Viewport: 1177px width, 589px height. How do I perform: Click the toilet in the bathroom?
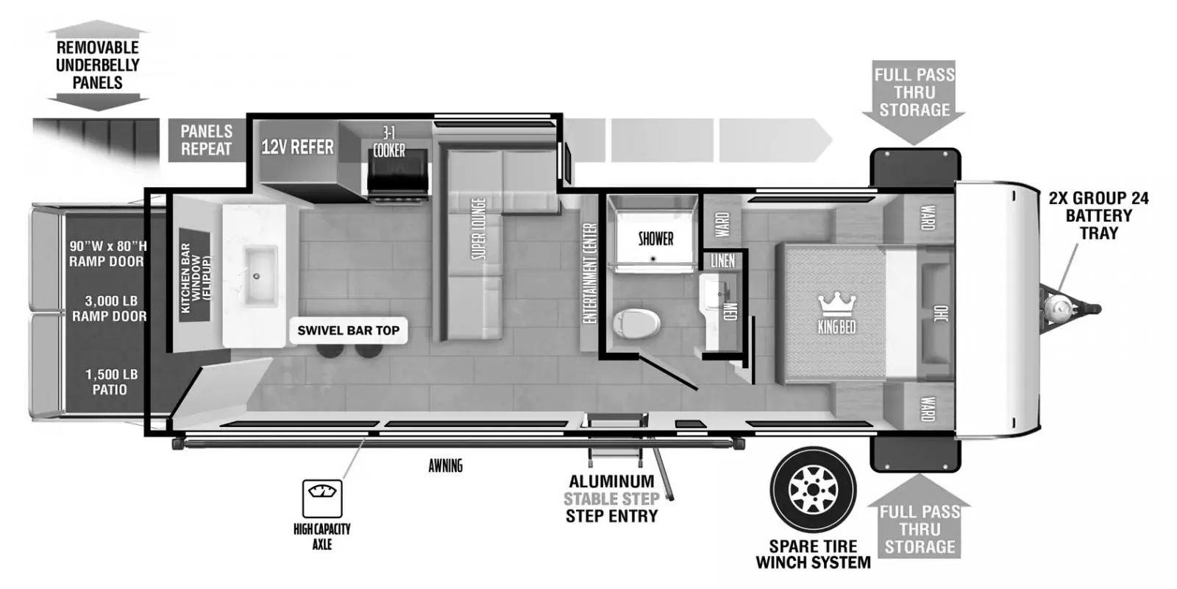click(x=636, y=323)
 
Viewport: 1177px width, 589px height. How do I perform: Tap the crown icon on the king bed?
click(x=836, y=305)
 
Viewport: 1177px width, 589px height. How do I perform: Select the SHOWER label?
click(x=655, y=239)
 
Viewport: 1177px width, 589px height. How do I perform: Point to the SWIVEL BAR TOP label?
click(x=349, y=331)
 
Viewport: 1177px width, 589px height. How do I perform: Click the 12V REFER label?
click(x=297, y=147)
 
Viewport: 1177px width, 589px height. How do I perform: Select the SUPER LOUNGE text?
click(x=478, y=229)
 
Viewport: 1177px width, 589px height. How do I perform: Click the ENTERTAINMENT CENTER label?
click(x=590, y=273)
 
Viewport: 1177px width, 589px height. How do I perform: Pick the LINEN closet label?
click(x=723, y=261)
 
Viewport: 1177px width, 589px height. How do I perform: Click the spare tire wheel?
click(x=813, y=490)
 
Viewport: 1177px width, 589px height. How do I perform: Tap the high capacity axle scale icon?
click(x=322, y=498)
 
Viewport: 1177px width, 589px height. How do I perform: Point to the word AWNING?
click(x=446, y=465)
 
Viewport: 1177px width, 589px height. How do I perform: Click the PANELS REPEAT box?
click(x=207, y=140)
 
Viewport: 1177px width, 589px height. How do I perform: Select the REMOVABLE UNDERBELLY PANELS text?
click(x=98, y=66)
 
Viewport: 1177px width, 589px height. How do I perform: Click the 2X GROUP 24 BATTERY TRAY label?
click(x=1099, y=216)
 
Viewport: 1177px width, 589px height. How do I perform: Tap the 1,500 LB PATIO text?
click(x=111, y=382)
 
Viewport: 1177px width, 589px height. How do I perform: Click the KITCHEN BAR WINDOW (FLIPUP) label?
click(x=195, y=275)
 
